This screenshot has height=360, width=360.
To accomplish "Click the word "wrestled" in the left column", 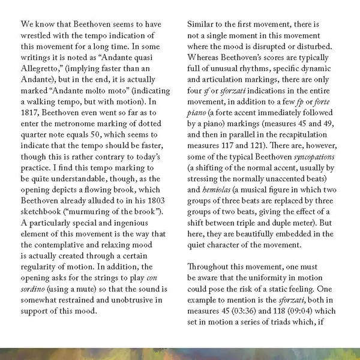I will (37, 38).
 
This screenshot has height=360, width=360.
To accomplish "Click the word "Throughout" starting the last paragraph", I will (211, 267).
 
